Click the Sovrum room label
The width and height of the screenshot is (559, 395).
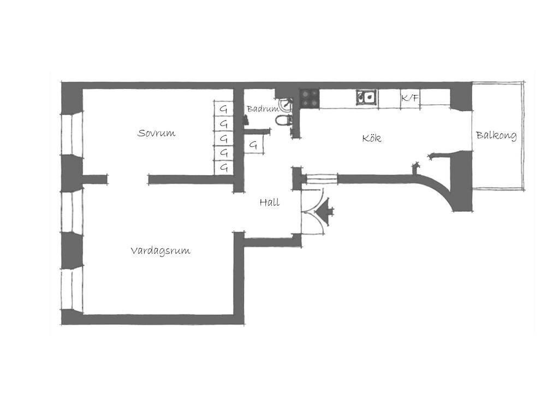point(156,133)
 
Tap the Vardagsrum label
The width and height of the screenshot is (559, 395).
point(160,251)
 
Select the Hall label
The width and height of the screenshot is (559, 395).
point(270,202)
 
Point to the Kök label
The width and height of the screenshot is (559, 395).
point(371,138)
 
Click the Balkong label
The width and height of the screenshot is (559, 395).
point(496,135)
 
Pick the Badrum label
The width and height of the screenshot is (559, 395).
point(263,109)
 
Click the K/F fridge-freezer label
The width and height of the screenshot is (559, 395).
point(409,98)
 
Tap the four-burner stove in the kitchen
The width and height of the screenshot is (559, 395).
point(309,98)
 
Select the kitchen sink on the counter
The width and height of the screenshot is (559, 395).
point(367,97)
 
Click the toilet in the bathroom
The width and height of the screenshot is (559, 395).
point(284,120)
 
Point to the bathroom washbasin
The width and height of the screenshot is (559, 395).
point(286,104)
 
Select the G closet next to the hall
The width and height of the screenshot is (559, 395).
point(254,145)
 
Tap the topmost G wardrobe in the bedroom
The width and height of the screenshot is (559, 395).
point(223,109)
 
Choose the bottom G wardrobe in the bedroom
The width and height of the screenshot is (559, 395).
point(223,167)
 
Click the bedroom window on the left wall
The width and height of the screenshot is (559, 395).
point(72,134)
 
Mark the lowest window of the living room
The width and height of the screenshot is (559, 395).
point(72,289)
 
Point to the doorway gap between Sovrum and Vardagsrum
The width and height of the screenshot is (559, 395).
point(128,179)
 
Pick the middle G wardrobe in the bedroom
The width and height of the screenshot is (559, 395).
point(223,138)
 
